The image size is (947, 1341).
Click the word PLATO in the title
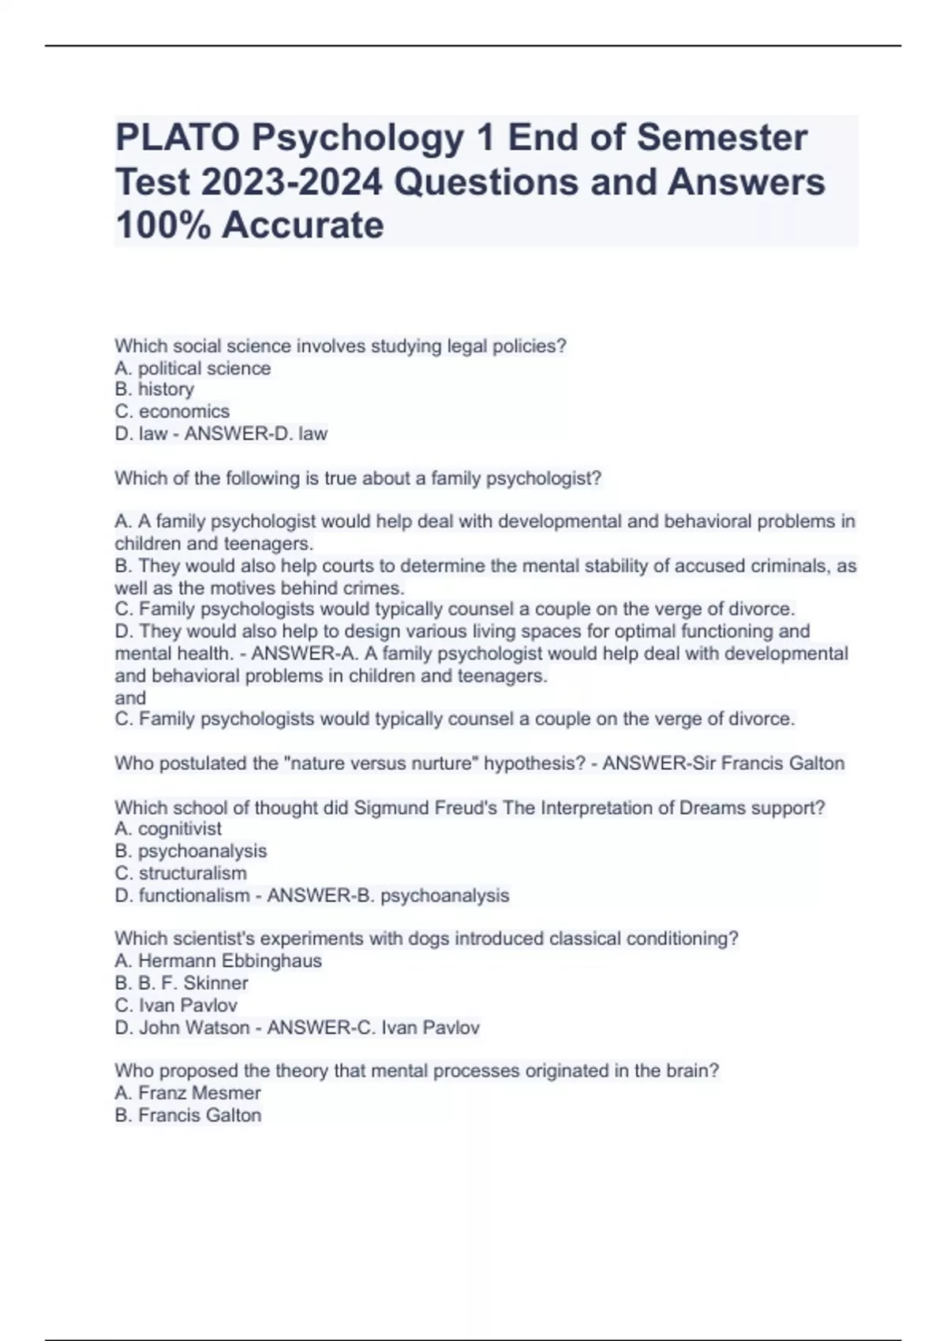[178, 138]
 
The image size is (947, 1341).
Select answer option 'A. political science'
[193, 368]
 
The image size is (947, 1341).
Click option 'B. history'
[154, 390]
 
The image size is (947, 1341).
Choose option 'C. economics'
[172, 412]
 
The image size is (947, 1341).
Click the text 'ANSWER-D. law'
[256, 434]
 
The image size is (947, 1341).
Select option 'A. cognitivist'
[168, 829]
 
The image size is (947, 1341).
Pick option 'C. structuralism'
[181, 873]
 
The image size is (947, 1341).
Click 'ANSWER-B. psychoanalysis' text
[388, 895]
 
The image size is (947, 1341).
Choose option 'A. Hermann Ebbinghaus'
[218, 961]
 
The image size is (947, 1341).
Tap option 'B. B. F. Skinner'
[182, 983]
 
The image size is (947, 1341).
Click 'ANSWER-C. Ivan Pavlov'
[373, 1028]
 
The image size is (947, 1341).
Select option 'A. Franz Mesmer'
[188, 1093]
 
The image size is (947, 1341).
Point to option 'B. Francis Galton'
[188, 1115]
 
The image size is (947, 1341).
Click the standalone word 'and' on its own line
[130, 698]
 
